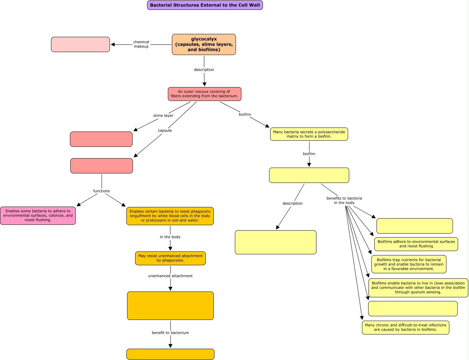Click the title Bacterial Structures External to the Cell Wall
[x=205, y=5]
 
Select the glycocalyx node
[x=204, y=44]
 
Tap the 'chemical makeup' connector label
[x=141, y=44]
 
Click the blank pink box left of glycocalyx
[x=80, y=44]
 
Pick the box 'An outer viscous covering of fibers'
[x=204, y=94]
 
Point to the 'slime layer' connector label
[x=163, y=116]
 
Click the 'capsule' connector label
[x=165, y=130]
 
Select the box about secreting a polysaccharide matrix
[x=309, y=134]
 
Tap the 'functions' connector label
[x=101, y=191]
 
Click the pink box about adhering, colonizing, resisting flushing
[x=38, y=216]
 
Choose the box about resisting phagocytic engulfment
[x=170, y=216]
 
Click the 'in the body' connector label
[x=170, y=237]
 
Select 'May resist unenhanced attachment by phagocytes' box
[x=170, y=258]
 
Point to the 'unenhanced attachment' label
[x=170, y=276]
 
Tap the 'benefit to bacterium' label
[x=170, y=333]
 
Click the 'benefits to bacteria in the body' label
[x=344, y=200]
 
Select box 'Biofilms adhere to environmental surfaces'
[x=416, y=244]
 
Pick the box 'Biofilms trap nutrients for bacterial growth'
[x=409, y=264]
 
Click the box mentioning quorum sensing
[x=418, y=288]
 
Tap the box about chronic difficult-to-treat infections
[x=405, y=328]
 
